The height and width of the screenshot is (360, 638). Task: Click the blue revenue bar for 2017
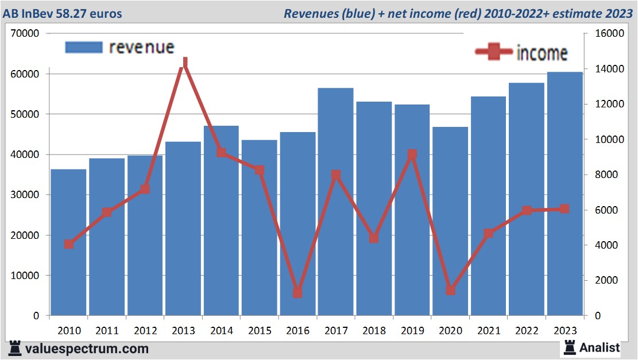(335, 201)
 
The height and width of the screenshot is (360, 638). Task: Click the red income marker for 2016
(297, 293)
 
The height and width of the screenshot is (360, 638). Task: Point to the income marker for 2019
(412, 154)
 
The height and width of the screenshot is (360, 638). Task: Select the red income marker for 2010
(69, 244)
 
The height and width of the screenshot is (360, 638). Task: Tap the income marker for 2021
(488, 234)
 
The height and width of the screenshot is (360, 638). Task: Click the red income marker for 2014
(221, 153)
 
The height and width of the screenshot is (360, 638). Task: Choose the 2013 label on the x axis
(183, 331)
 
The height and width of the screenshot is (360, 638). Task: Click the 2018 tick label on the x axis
(374, 331)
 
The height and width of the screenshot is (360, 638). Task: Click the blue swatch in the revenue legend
(83, 47)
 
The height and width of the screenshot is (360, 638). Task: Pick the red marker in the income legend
(494, 52)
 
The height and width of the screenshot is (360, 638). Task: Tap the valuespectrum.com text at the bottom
(87, 349)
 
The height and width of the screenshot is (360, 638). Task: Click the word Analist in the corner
(600, 347)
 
